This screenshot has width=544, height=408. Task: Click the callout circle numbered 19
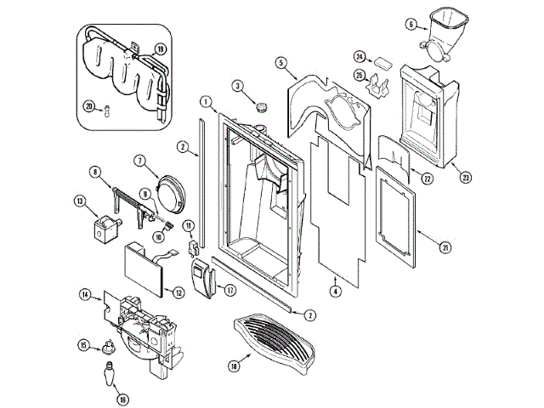click(x=160, y=50)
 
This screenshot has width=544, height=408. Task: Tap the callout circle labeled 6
click(x=411, y=25)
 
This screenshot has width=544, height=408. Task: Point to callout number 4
click(x=337, y=292)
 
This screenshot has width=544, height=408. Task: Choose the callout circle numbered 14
click(x=85, y=295)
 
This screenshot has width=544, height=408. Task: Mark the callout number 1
click(x=206, y=102)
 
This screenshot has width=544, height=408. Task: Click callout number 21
click(x=444, y=247)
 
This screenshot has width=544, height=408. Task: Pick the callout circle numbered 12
click(x=178, y=292)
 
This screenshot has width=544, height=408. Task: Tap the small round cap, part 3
click(x=262, y=107)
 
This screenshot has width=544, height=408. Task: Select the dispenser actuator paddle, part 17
click(x=202, y=280)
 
